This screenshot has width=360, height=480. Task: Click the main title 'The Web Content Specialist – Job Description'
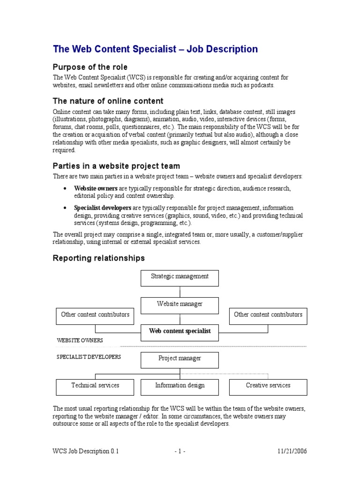[155, 49]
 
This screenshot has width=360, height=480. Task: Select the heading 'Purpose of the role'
[90, 67]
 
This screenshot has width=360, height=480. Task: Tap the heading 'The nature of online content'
[108, 101]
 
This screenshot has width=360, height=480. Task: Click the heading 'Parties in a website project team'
[116, 166]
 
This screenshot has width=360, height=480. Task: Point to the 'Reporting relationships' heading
[99, 258]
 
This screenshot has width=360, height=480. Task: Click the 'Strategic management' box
[180, 277]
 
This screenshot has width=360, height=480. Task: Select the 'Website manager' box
[180, 305]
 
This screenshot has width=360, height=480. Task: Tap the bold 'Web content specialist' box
[180, 331]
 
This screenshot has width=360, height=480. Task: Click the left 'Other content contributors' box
[95, 315]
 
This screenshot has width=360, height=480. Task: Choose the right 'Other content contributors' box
[268, 315]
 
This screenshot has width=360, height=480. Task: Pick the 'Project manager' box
[180, 359]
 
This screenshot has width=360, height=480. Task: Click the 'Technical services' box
[95, 386]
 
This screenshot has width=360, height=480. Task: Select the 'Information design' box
[180, 386]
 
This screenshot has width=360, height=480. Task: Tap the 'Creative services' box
[268, 386]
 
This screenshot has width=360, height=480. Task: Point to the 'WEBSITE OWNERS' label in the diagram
[80, 340]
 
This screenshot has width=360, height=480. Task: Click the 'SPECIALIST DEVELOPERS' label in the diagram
[89, 357]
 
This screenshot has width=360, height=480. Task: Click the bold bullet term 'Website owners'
[96, 188]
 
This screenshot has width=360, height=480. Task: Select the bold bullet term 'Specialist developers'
[103, 208]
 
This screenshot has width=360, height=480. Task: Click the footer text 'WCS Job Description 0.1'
[86, 451]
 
